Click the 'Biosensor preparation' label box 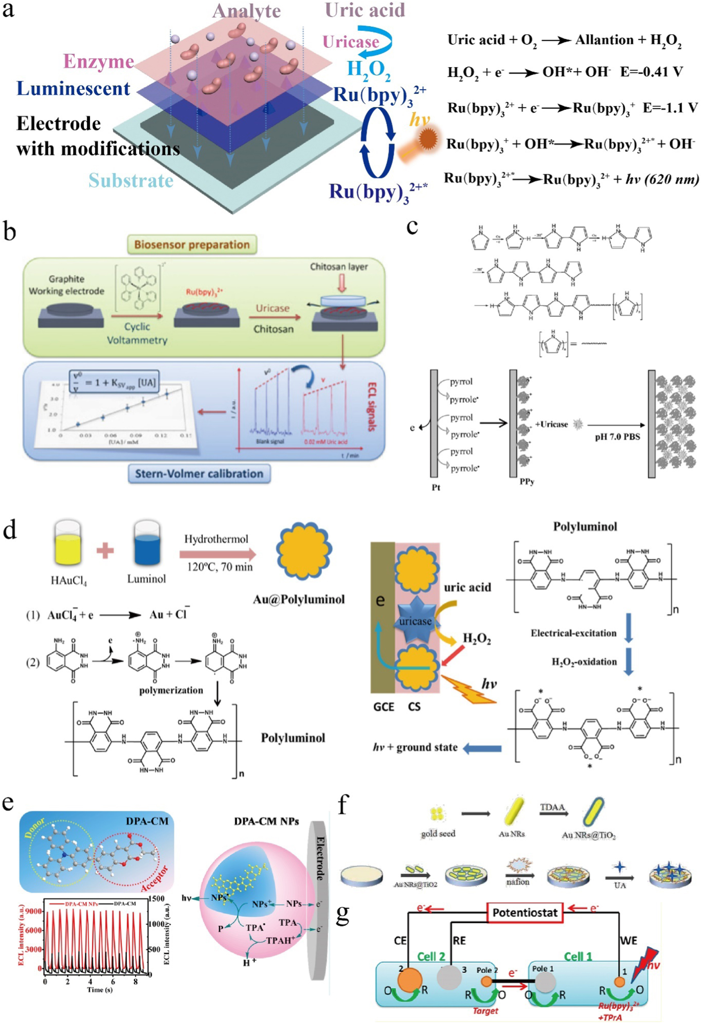pos(192,244)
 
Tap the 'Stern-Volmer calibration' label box pos(199,473)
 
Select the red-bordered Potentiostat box pos(525,913)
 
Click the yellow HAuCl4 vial pos(68,543)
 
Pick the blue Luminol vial pos(146,543)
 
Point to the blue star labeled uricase pos(415,621)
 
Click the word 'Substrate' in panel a pos(131,180)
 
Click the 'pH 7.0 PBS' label pos(617,437)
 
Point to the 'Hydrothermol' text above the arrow pos(216,539)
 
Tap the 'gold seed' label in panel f pos(438,833)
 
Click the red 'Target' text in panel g pos(485,1011)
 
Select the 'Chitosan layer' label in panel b pos(339,266)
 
